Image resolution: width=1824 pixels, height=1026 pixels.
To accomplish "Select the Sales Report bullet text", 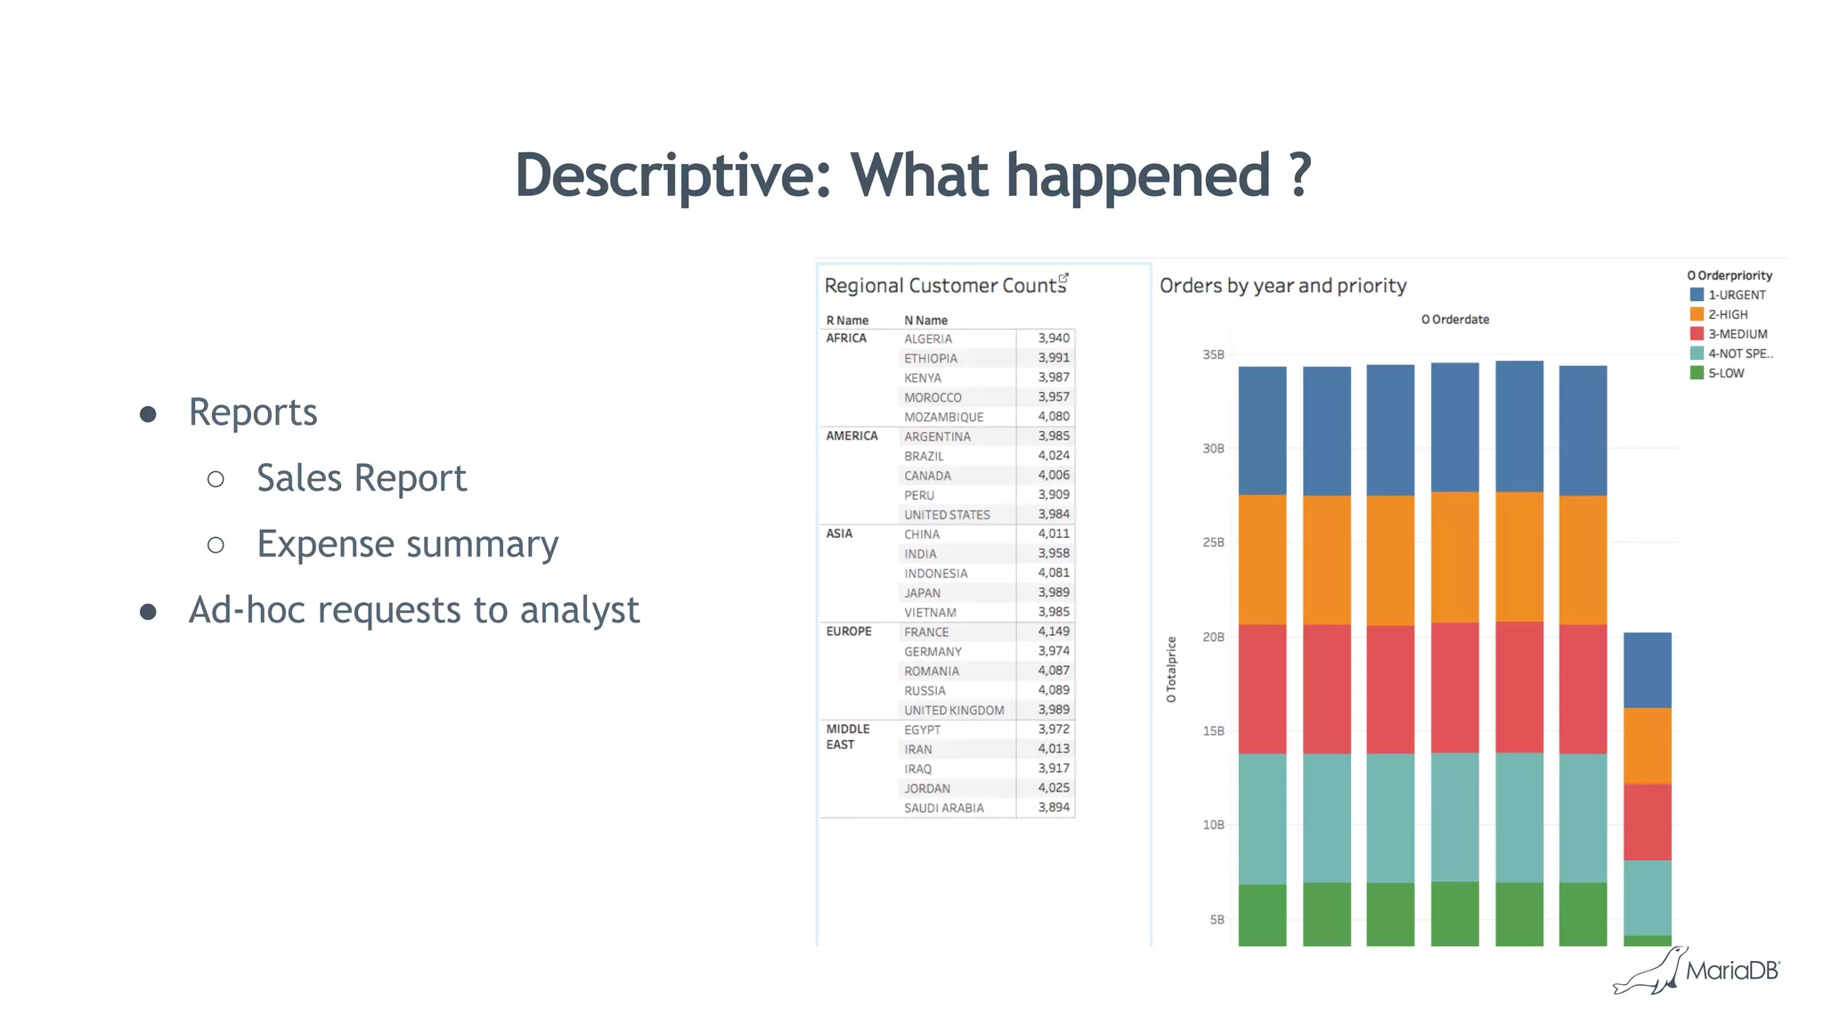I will point(361,478).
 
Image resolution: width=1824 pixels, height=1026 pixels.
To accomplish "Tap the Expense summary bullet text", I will point(407,544).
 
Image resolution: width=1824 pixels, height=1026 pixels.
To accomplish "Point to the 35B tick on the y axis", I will point(1213,354).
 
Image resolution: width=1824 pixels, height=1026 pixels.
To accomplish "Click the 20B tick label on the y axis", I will point(1213,637).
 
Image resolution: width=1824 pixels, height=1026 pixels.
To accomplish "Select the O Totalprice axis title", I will point(1171,670).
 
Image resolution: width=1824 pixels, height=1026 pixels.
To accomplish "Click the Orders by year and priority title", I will point(1282,286).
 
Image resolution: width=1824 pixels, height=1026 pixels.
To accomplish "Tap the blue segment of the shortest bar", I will point(1647,670).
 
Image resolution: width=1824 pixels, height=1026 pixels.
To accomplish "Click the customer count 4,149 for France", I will point(1053,631).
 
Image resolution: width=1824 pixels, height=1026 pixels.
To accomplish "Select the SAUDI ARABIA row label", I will point(943,808).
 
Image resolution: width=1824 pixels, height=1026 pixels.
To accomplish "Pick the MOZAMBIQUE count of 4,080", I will point(1053,416).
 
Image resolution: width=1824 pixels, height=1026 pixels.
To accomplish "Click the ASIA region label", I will point(839,533).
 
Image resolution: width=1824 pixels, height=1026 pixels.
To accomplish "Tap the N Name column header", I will point(925,320).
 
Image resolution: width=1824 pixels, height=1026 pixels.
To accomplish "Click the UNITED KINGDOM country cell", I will point(953,710).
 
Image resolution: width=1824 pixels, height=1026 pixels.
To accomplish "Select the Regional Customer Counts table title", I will point(944,286).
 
